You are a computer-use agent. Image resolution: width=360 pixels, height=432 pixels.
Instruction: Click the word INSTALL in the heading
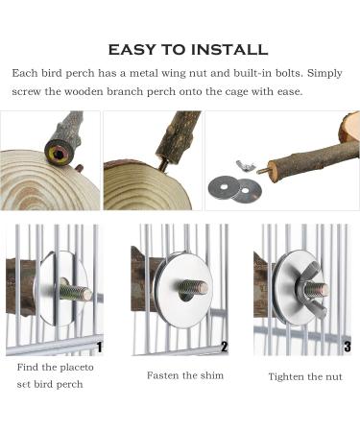tap(229, 50)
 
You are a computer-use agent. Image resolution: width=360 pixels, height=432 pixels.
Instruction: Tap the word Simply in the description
tap(324, 74)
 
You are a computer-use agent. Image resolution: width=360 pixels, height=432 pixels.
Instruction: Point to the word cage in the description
tap(232, 92)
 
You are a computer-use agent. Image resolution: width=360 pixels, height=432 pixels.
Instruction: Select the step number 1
tap(99, 347)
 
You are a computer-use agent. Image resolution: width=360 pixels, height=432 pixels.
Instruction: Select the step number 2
tap(224, 347)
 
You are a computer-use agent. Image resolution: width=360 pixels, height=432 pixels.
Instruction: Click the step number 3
tap(348, 347)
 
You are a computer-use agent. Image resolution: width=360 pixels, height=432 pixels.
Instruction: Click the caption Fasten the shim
tap(185, 375)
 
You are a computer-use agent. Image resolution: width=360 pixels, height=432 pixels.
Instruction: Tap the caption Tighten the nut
tap(305, 377)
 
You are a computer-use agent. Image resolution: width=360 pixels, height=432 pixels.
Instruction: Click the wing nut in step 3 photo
tap(309, 288)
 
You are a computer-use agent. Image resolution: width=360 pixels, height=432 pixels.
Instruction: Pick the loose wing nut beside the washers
tap(246, 166)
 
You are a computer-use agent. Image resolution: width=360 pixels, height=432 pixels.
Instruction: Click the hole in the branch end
tap(58, 155)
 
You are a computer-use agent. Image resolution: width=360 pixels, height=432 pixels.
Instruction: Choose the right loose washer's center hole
tap(245, 190)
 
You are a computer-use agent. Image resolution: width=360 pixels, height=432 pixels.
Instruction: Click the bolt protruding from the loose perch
tap(262, 170)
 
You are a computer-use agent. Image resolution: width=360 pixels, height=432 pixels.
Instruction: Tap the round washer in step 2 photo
tap(183, 291)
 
